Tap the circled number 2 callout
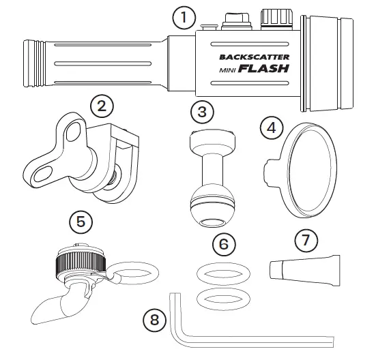pyautogui.click(x=100, y=107)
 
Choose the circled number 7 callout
pyautogui.click(x=306, y=241)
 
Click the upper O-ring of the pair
pyautogui.click(x=220, y=273)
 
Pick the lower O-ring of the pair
pyautogui.click(x=220, y=297)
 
